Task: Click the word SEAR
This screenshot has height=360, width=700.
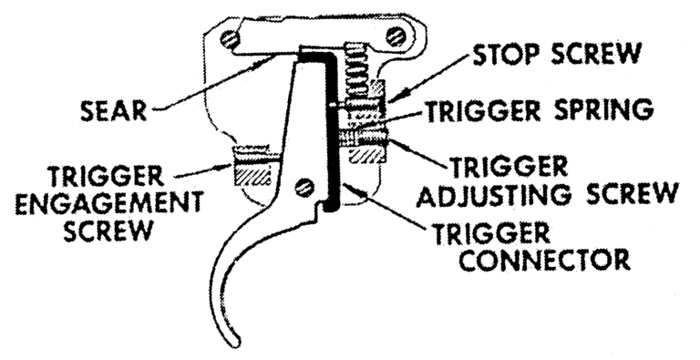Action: pyautogui.click(x=113, y=110)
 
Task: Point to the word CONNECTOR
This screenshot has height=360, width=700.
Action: pyautogui.click(x=545, y=259)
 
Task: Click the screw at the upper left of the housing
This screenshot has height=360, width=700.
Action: pyautogui.click(x=231, y=40)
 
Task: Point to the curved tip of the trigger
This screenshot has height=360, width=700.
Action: pyautogui.click(x=235, y=342)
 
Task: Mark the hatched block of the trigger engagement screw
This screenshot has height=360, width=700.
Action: pyautogui.click(x=252, y=172)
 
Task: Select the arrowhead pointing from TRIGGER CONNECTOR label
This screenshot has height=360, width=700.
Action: pyautogui.click(x=348, y=187)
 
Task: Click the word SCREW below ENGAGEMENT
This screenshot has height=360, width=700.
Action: pyautogui.click(x=108, y=231)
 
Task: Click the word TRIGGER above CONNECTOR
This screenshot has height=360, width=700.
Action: pyautogui.click(x=492, y=233)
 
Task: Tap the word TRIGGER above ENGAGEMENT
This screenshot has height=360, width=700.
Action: pyautogui.click(x=106, y=177)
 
